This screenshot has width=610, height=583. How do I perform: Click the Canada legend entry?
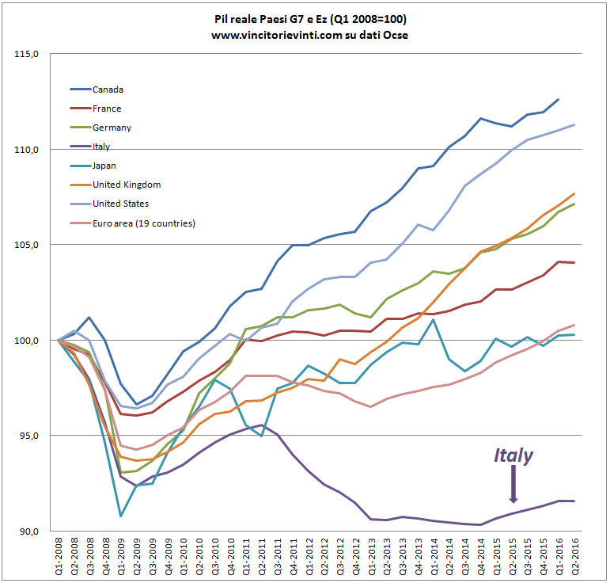click(108, 90)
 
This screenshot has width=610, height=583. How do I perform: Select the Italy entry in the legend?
click(103, 147)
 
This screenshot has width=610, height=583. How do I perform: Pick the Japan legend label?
click(105, 166)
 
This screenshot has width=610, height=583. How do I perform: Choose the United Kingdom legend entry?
click(126, 185)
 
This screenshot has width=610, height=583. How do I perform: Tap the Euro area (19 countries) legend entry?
click(143, 223)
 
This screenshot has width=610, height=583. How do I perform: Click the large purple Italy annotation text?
click(513, 455)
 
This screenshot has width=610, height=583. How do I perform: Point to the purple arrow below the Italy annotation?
click(513, 485)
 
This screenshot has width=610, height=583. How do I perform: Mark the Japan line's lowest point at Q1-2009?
click(121, 516)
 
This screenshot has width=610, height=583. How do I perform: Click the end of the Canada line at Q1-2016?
click(559, 99)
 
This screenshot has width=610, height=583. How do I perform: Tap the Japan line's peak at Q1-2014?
click(434, 320)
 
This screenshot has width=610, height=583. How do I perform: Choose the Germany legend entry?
click(112, 128)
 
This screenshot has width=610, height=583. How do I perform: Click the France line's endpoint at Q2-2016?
click(574, 262)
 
